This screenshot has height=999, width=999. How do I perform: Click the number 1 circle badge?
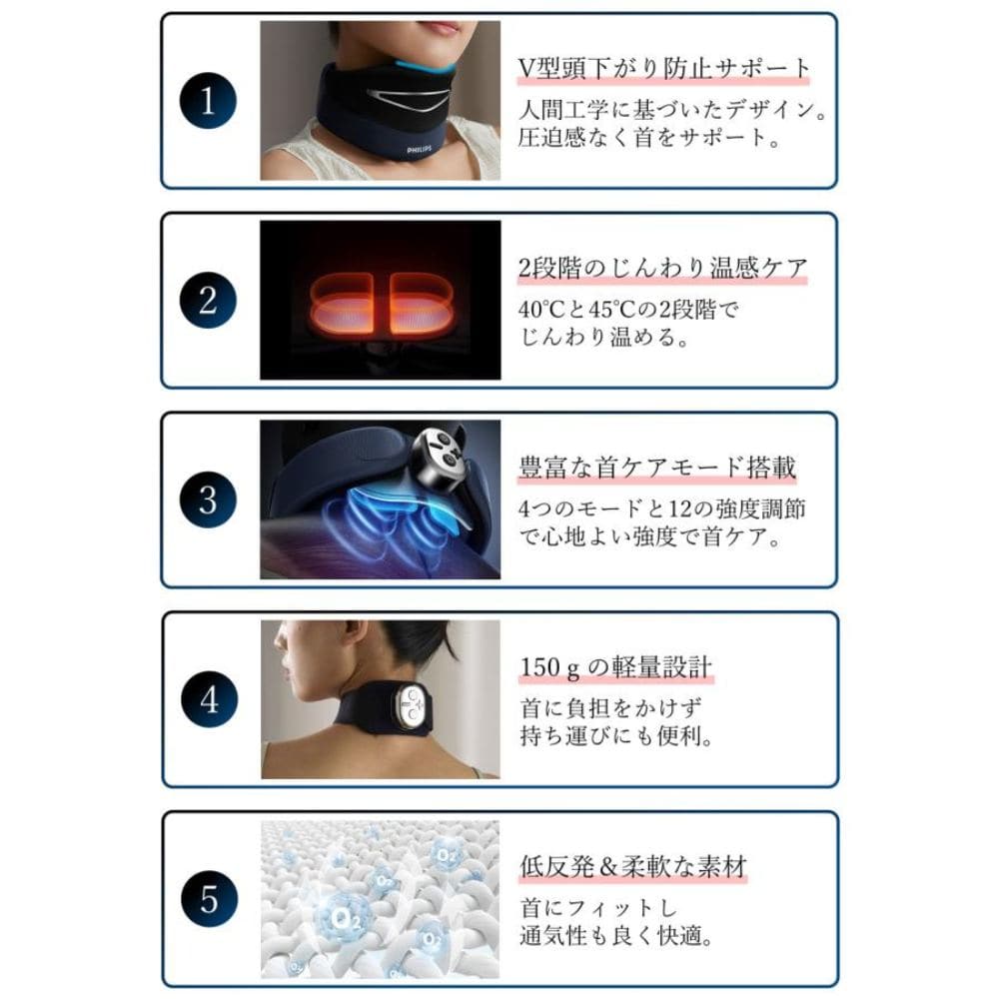click(208, 101)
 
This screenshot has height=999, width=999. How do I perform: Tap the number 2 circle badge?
click(208, 300)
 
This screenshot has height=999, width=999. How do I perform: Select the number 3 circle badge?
click(208, 499)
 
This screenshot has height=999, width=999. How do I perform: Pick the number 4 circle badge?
click(208, 699)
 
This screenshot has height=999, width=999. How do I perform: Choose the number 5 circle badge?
click(208, 899)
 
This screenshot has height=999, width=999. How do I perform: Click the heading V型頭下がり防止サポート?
click(664, 68)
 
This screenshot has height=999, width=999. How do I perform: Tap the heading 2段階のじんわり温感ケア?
click(662, 268)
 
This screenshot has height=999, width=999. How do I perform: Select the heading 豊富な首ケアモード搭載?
click(657, 468)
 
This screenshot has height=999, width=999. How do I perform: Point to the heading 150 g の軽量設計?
click(616, 666)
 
